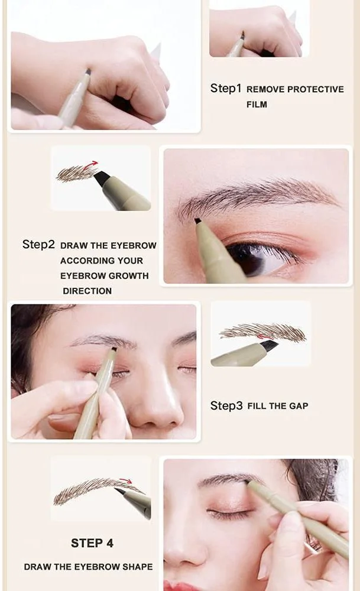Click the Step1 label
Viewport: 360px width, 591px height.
[x=225, y=88]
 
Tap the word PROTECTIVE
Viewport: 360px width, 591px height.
[x=316, y=89]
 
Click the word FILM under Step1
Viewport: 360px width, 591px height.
[x=257, y=105]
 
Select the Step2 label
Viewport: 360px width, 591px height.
[x=38, y=244]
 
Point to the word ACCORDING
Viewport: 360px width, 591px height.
[x=83, y=261]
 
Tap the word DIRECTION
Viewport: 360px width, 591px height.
[x=87, y=291]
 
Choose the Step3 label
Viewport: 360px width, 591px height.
[x=226, y=405]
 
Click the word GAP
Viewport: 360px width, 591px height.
[x=299, y=406]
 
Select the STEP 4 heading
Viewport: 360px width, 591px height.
[x=92, y=543]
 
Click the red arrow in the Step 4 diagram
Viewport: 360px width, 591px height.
[x=125, y=480]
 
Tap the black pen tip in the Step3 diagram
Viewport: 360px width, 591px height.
[x=269, y=344]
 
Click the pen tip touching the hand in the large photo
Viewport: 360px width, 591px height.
[x=88, y=72]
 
